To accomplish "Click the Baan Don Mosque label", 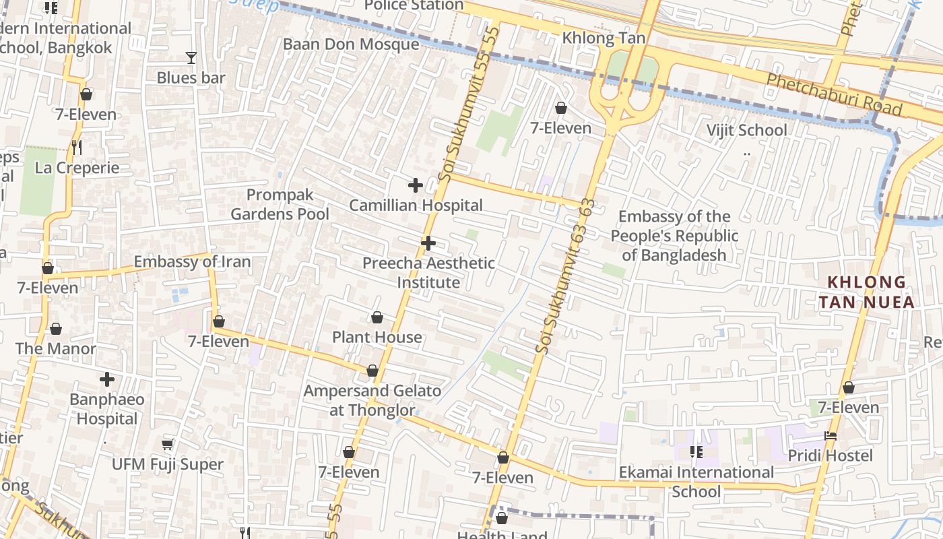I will point(351,44).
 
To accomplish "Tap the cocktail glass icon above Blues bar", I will point(191,58).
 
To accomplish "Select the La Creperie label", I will point(77,168).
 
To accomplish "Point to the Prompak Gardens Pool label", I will point(280,205).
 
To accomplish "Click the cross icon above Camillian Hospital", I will point(416,185).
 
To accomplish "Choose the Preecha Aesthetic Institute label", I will point(428,273).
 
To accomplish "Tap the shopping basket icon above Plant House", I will point(377,317).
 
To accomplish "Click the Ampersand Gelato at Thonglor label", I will point(372,400).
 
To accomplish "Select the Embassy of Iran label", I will point(192,261).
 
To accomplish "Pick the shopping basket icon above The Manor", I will point(56,329).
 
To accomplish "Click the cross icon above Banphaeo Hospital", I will point(106,379).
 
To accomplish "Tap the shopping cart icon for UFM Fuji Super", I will point(168,445).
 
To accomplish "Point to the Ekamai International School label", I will point(696,482).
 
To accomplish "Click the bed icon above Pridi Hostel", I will point(831,436).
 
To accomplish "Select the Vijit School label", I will point(746,130).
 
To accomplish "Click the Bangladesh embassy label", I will point(674,236).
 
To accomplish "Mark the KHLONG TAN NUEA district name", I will point(867,292).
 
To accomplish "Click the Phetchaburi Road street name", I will point(834,94).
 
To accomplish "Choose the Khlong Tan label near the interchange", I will point(604,38).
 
